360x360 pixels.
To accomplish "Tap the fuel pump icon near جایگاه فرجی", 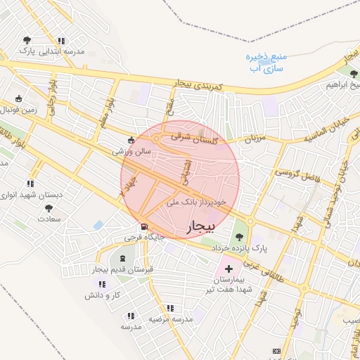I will tap(144, 227).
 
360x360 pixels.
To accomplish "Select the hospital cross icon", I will tap(228, 269).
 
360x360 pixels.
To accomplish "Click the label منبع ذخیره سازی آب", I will tap(265, 63).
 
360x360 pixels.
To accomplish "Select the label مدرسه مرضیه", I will tap(169, 319).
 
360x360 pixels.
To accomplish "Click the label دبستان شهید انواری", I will tap(31, 194).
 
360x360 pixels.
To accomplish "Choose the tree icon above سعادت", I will tap(49, 208).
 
